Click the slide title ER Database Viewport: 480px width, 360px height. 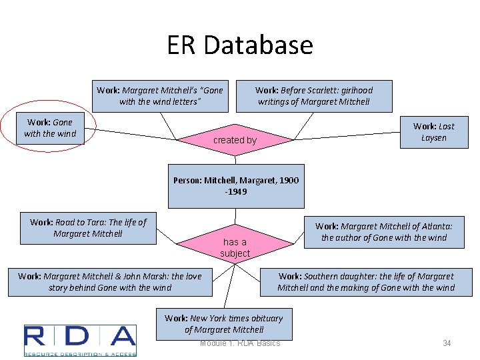240,45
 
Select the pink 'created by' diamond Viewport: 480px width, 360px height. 235,139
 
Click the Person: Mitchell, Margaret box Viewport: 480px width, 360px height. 236,186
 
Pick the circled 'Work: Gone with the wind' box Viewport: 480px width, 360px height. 50,128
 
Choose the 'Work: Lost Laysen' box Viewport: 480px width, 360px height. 433,132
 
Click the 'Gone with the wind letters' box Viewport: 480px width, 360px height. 160,96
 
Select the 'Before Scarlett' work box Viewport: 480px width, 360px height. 314,96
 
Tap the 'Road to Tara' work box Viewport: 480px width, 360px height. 88,228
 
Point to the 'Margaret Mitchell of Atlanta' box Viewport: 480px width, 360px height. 384,232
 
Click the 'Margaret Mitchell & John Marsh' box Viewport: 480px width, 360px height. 110,282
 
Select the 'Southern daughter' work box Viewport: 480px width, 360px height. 366,282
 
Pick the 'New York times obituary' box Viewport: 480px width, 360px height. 224,323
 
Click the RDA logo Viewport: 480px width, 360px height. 80,340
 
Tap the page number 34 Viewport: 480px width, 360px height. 447,343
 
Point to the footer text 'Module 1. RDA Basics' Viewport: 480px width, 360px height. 240,343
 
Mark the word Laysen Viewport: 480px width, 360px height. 433,138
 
